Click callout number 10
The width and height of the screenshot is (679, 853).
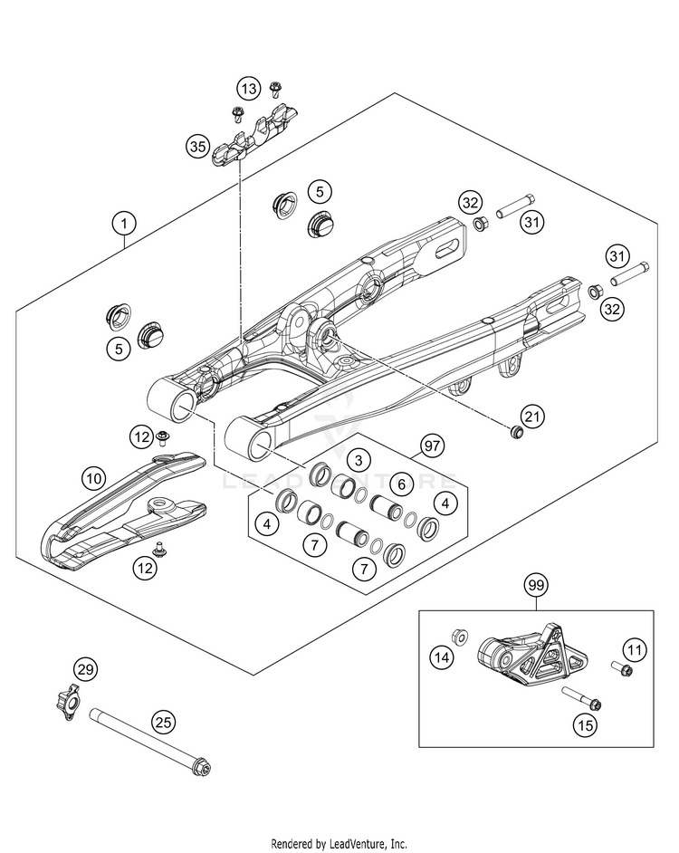(93, 476)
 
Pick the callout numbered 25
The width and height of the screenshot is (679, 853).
(163, 722)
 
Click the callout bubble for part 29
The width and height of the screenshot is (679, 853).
(84, 671)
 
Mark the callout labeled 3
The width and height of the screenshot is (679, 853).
(359, 458)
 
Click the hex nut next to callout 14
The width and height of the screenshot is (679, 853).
(459, 637)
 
